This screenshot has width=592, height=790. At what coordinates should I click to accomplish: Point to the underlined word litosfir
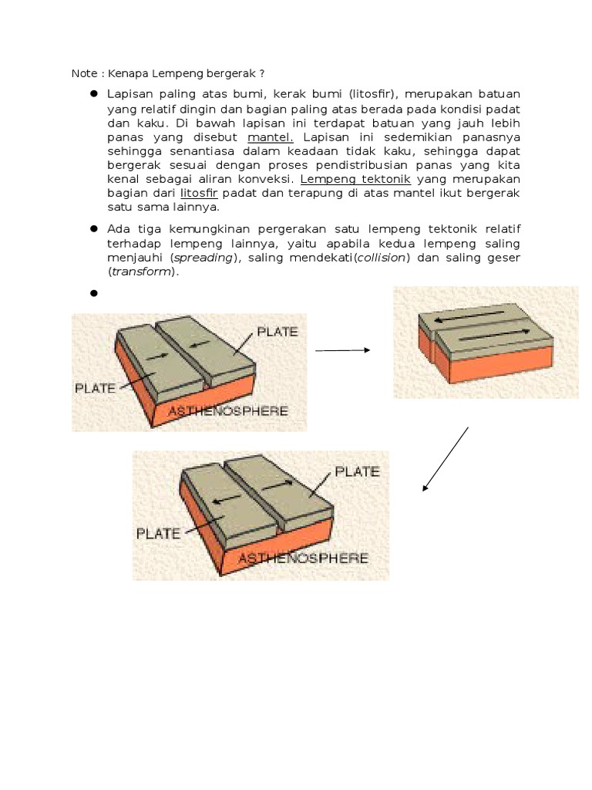[x=194, y=193]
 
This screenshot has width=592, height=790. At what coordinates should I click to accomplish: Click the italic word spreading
[x=203, y=258]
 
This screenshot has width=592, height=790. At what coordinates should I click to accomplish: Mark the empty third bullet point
[x=94, y=293]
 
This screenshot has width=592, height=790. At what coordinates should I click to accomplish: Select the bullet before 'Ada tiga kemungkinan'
[x=94, y=230]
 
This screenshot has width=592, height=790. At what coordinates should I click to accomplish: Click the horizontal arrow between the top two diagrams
[x=343, y=349]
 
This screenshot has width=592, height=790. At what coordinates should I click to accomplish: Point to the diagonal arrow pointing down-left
[x=446, y=458]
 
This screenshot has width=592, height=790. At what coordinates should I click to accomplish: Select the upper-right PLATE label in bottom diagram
[x=356, y=471]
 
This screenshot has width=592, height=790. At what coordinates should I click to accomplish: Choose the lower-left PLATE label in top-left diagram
[x=95, y=388]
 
